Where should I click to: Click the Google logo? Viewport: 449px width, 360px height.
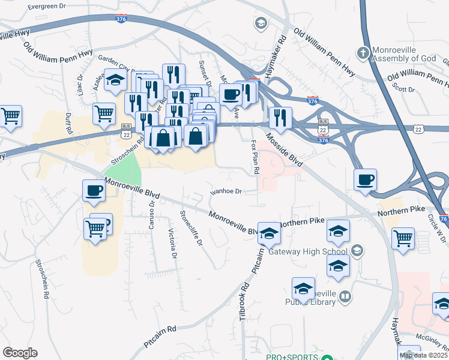point(20,353)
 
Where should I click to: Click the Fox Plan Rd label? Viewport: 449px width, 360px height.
point(254,158)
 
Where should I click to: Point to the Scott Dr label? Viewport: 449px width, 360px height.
point(403,89)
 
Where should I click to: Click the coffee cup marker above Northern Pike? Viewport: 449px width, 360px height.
point(365,179)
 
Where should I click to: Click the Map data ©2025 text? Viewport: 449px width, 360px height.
point(423,355)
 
